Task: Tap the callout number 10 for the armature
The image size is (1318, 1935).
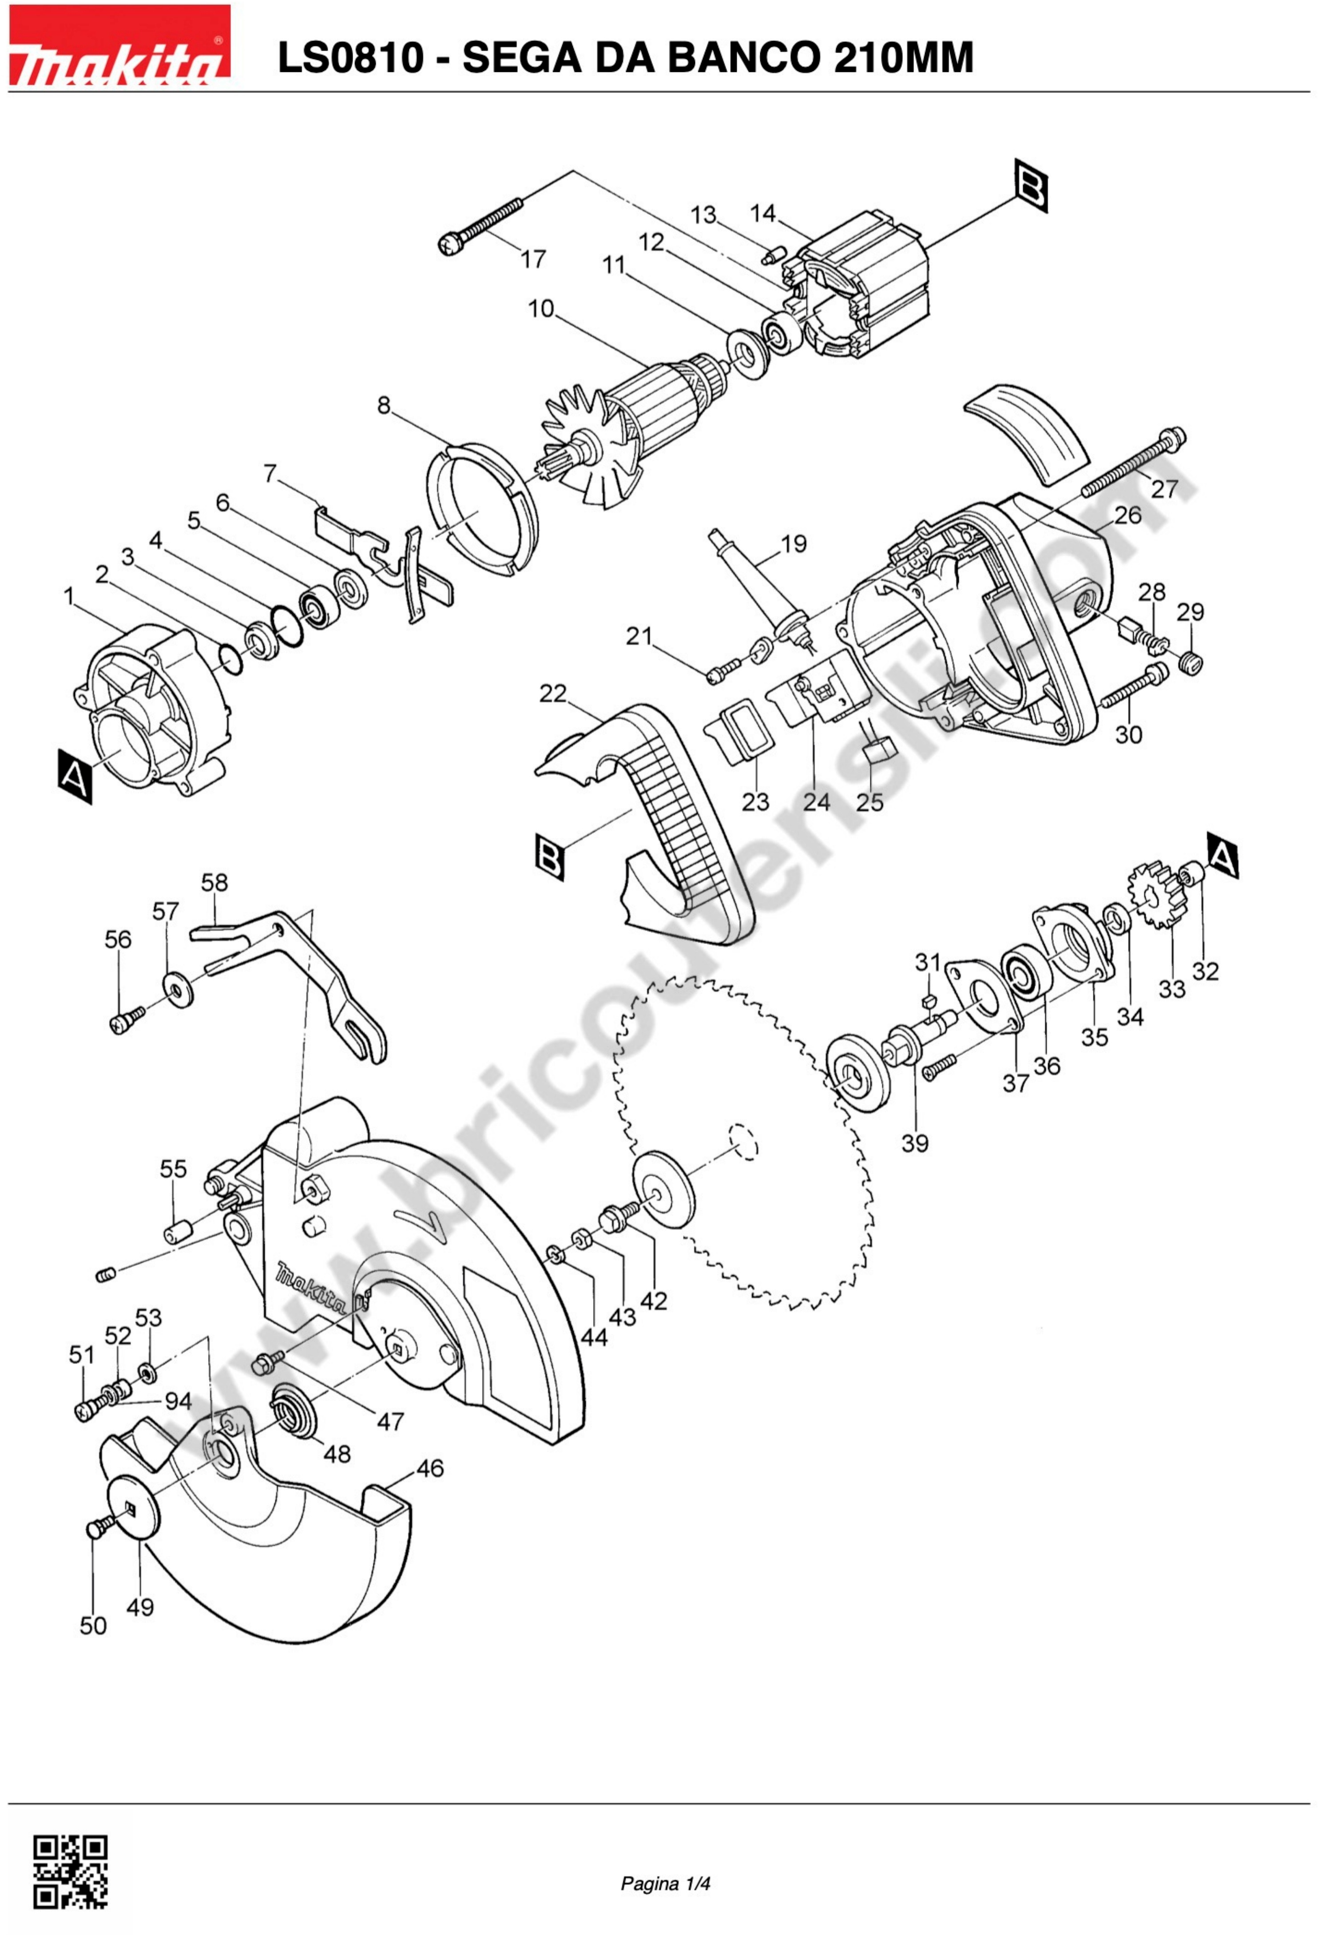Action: coord(541,309)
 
